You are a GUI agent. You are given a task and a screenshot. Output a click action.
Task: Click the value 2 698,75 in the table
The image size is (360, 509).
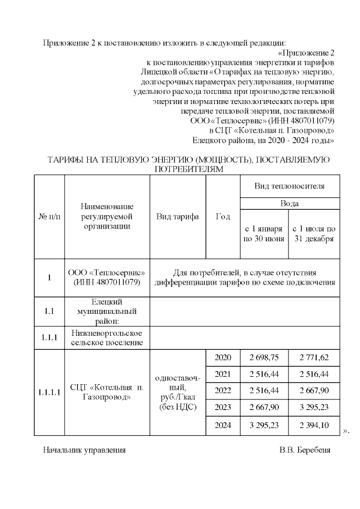[264, 358]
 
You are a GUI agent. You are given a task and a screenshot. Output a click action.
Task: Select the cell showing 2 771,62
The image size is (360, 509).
[314, 358]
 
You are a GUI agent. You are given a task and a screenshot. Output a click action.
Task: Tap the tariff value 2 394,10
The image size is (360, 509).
[314, 425]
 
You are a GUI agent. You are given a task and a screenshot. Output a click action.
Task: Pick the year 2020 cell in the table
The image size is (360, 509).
[223, 358]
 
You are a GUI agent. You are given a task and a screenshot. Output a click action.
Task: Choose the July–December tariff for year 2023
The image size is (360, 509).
[314, 408]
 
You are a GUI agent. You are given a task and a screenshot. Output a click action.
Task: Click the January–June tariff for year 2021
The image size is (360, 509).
[264, 375]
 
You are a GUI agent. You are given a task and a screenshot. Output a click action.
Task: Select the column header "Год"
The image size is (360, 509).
[223, 217]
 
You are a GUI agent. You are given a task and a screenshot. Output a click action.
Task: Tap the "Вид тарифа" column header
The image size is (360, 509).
[178, 217]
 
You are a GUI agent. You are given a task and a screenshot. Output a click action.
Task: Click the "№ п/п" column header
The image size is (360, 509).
[49, 217]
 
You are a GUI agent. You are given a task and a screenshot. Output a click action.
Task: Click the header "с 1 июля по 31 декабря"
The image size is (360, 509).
[314, 233]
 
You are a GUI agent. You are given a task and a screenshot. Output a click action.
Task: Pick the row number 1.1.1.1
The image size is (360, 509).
[49, 392]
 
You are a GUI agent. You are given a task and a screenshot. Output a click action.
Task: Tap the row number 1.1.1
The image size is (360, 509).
[49, 337]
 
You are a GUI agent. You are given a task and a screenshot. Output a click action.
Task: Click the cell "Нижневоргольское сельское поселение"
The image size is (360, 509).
[107, 337]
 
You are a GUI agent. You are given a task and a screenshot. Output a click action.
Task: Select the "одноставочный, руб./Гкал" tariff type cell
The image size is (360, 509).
[178, 392]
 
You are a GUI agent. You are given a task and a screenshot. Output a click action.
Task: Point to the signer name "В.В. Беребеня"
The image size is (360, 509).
[304, 451]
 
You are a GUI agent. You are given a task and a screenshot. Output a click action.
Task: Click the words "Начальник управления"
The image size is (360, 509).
[84, 451]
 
